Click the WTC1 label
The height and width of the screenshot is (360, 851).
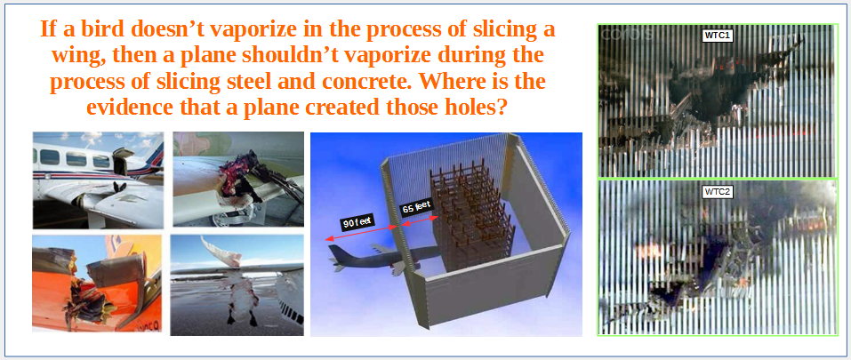click(719, 36)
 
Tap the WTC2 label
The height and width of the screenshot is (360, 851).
click(719, 192)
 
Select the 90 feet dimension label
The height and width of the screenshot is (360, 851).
click(357, 222)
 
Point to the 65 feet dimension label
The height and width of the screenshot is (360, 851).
click(415, 206)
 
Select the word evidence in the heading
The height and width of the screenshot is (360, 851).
click(129, 108)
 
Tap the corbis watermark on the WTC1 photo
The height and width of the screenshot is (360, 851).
click(627, 34)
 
